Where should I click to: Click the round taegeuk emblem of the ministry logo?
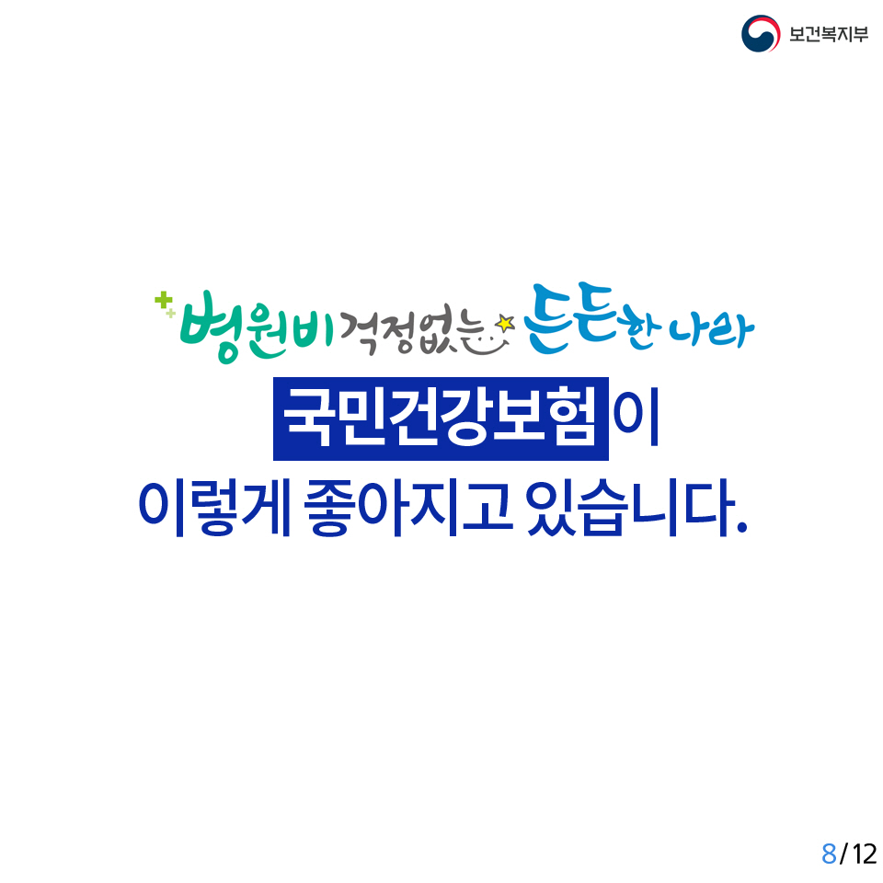[x=761, y=34]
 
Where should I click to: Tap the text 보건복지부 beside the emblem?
[x=829, y=34]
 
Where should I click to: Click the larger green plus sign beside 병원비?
[x=164, y=300]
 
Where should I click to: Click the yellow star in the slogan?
[x=505, y=323]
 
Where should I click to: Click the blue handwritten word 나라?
[x=712, y=330]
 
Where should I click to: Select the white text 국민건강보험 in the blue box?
[x=440, y=418]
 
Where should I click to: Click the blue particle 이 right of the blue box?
[x=636, y=418]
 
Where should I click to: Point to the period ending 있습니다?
[x=741, y=527]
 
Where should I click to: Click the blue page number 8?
[x=829, y=854]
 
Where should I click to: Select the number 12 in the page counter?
[x=865, y=854]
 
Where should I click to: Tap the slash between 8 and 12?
[x=843, y=854]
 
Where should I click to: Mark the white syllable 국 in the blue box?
[x=307, y=418]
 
